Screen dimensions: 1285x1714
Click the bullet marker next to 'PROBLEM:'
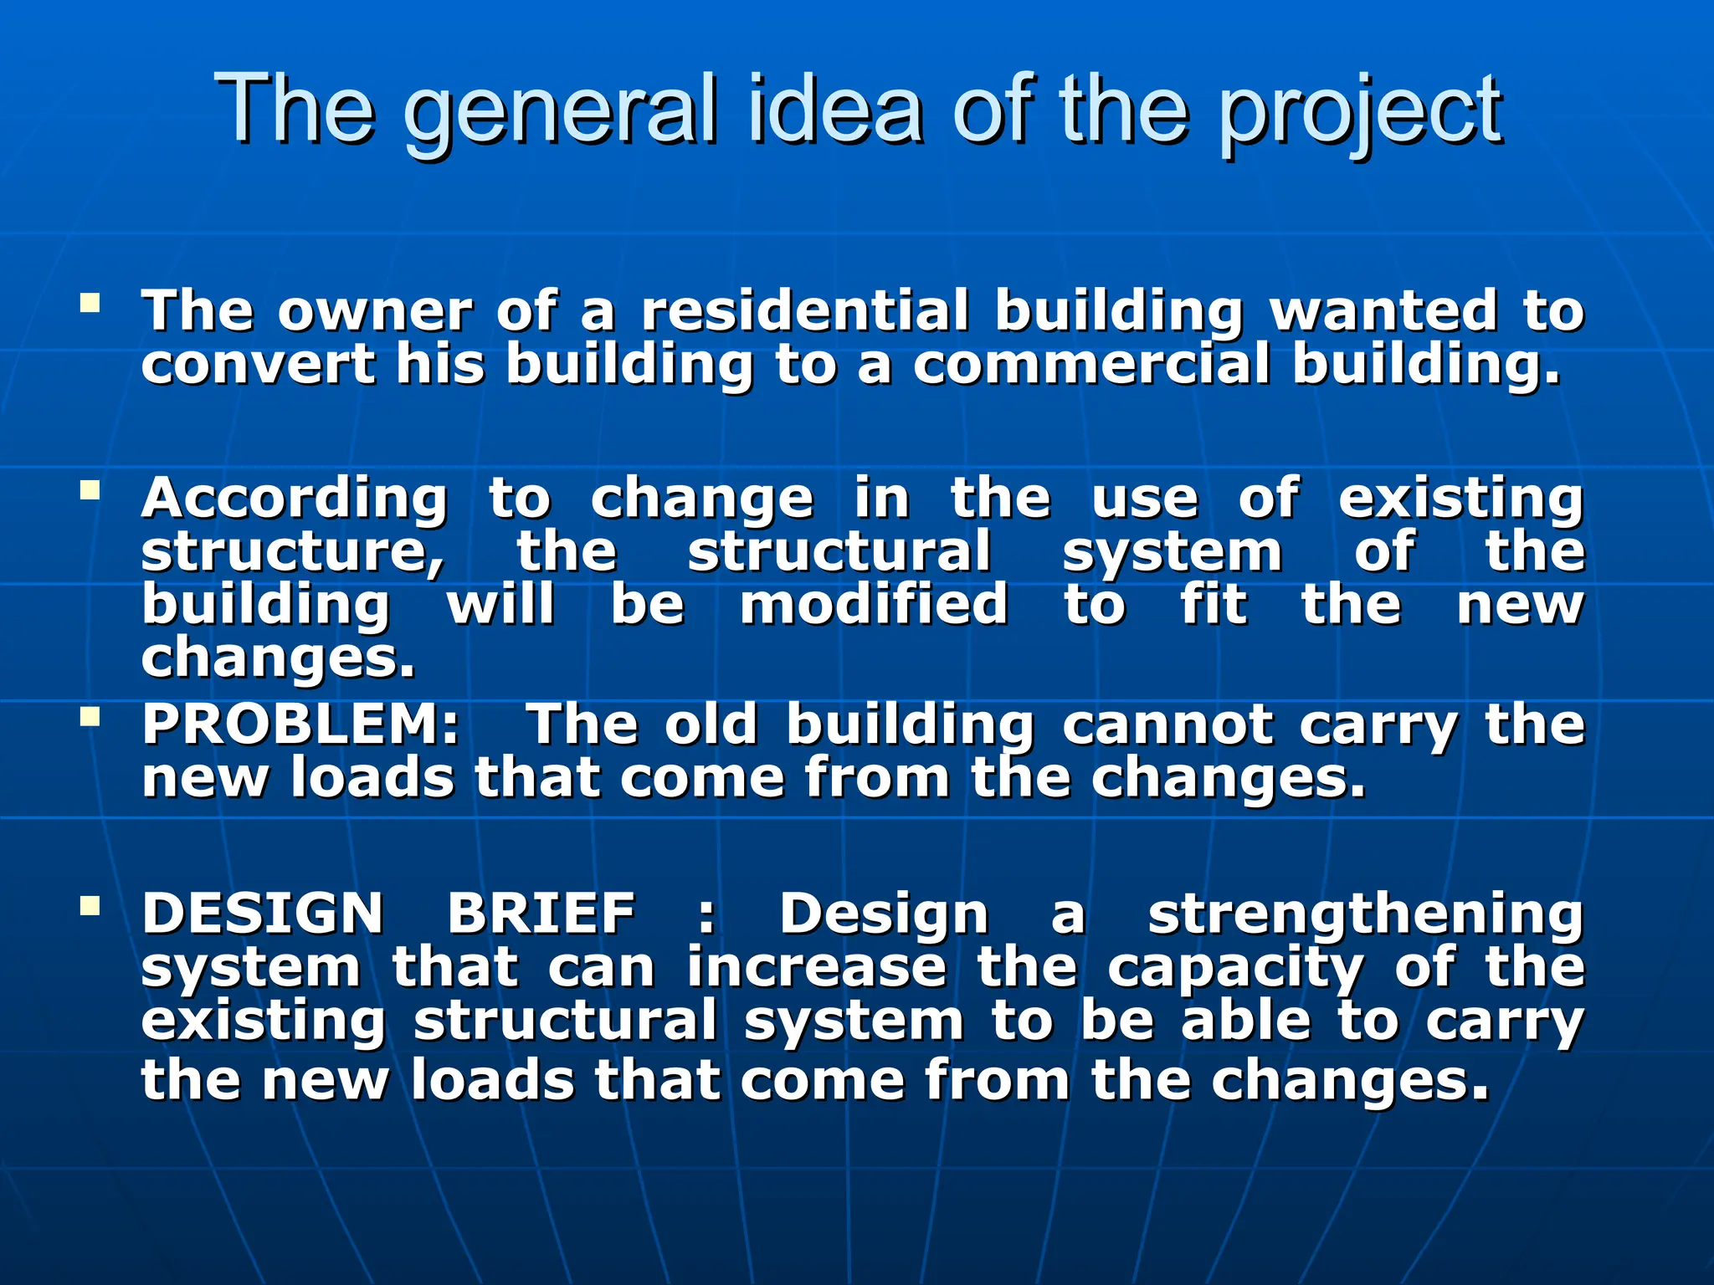(90, 716)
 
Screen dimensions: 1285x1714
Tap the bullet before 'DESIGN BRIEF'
(90, 904)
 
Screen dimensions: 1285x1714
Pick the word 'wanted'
(1383, 310)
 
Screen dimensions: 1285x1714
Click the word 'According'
(295, 499)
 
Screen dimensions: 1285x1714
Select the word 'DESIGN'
(263, 913)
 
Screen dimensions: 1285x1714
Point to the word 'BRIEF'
(541, 913)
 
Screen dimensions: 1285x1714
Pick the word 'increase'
(817, 967)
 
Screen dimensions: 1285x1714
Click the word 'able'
(1245, 1021)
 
